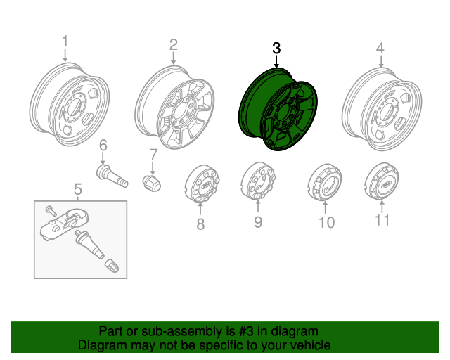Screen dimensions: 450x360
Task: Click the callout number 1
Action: [x=65, y=41]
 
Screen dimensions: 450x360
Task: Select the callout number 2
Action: [x=174, y=44]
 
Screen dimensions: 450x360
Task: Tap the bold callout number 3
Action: [x=276, y=48]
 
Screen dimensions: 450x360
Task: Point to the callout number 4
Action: [x=380, y=48]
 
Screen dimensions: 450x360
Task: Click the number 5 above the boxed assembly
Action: [x=78, y=189]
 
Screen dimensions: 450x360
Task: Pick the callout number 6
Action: [x=103, y=145]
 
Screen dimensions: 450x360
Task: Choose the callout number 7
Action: [x=153, y=155]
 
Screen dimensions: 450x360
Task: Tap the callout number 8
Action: [x=200, y=224]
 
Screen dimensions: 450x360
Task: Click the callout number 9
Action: [x=258, y=222]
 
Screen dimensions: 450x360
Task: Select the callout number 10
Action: [x=326, y=222]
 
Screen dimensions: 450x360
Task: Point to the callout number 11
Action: [x=382, y=220]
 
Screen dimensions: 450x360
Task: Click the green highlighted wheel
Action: [x=278, y=110]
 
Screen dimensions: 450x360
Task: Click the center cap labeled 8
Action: [x=202, y=184]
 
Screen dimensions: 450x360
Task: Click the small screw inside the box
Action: [x=51, y=211]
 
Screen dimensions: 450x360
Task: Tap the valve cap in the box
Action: [x=112, y=266]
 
